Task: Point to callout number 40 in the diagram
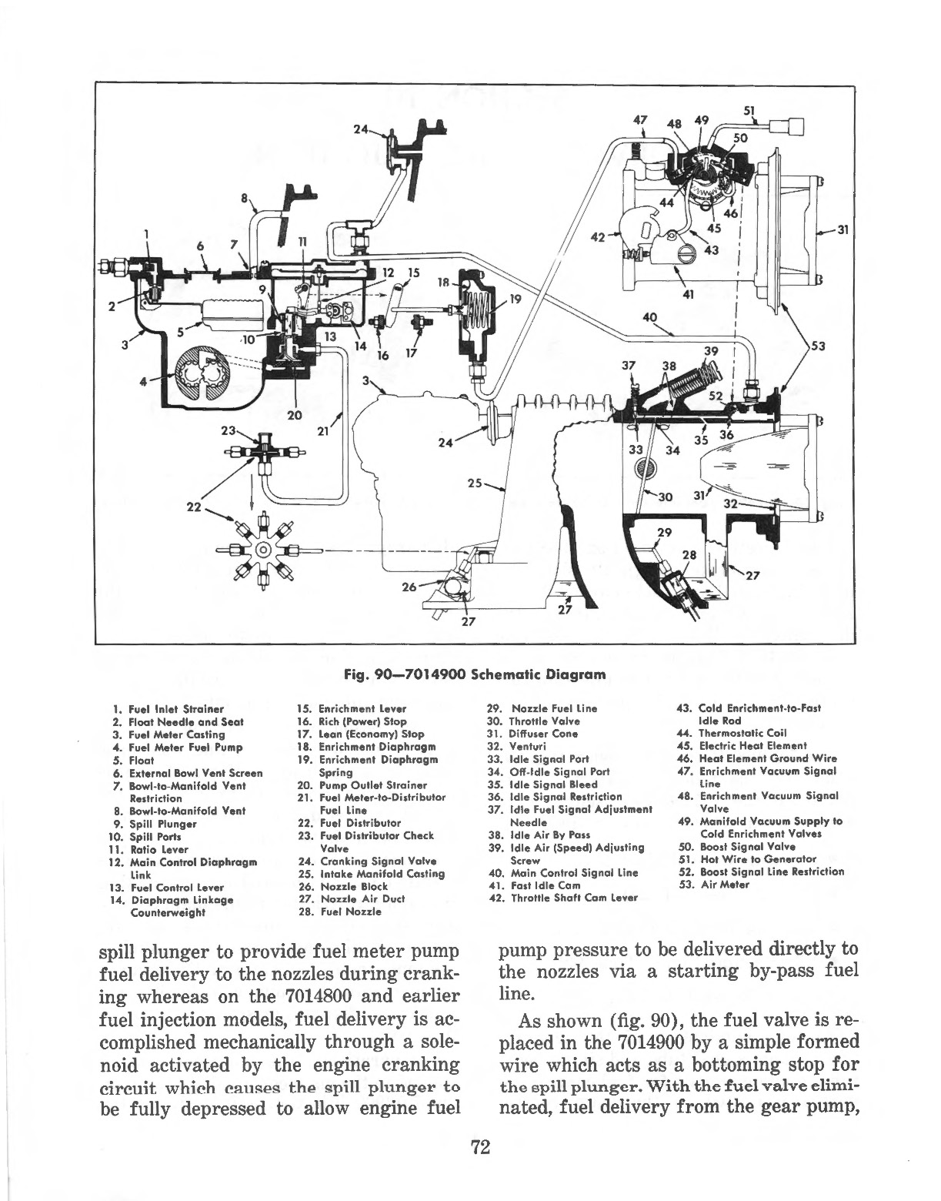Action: tap(650, 317)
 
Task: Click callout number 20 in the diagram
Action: tap(293, 417)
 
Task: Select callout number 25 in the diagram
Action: tap(475, 483)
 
